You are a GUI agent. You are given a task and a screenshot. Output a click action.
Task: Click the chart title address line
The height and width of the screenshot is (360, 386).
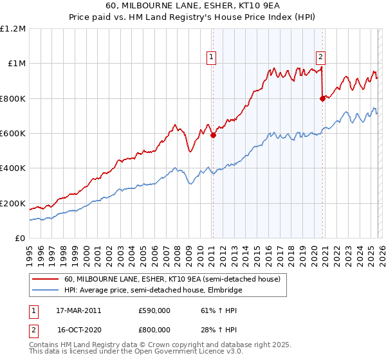point(192,5)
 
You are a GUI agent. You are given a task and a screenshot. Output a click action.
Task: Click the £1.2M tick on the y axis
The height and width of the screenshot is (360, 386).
point(13,29)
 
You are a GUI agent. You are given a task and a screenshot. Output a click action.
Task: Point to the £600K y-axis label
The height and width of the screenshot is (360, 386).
point(13,134)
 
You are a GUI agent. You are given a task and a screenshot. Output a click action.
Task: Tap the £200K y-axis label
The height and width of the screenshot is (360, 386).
point(13,204)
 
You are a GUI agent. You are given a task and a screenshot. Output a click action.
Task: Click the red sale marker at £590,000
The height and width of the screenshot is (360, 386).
point(213,135)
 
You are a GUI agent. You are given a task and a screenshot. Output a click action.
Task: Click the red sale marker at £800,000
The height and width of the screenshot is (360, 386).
point(322,98)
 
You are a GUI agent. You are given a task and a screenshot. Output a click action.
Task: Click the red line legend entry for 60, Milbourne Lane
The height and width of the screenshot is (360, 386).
point(172,280)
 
